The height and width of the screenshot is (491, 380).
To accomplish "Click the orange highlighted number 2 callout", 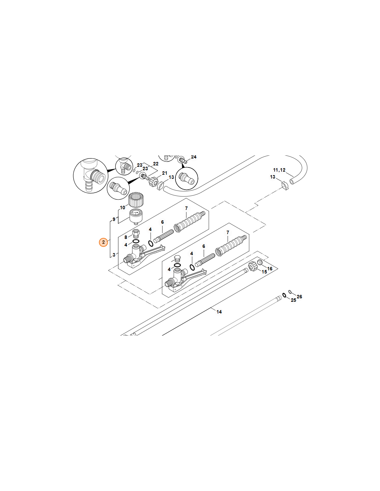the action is tap(103, 242).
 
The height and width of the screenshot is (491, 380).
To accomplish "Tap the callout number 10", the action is tap(123, 208).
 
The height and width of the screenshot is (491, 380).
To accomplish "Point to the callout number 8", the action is tap(126, 238).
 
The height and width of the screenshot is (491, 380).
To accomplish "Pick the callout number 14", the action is tap(219, 312).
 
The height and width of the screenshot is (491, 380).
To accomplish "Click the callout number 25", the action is tap(293, 300).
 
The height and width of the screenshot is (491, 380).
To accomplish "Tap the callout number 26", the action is tap(299, 297).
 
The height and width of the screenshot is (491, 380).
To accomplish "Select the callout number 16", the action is tap(270, 268).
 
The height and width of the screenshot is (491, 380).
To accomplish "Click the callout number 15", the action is tap(264, 272).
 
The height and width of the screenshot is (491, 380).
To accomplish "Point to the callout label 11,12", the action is tap(279, 170).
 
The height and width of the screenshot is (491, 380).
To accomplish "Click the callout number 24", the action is tap(193, 157).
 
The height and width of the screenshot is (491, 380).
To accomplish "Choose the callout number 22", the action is tap(156, 164).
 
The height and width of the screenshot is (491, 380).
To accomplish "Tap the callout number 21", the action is tap(164, 173).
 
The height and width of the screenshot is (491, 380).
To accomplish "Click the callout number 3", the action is tap(114, 255).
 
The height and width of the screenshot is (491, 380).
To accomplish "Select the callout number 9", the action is tap(114, 219).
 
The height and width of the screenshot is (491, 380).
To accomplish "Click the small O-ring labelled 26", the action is tap(290, 292).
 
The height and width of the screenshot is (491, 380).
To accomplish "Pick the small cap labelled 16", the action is tap(260, 262).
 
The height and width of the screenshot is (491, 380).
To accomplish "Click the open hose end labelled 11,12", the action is tap(292, 181).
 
